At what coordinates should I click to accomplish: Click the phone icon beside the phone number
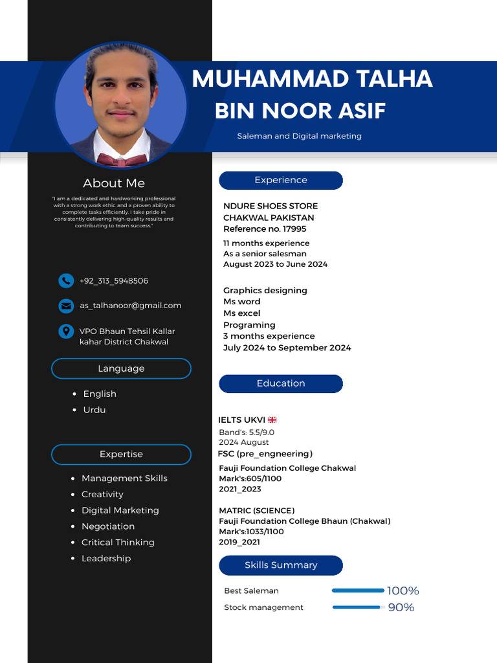coord(66,280)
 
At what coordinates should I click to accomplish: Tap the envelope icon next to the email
coord(66,306)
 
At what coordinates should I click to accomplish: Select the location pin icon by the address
coord(66,331)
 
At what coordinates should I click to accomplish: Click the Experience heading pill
coord(281,180)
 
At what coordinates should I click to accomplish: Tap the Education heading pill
coord(281,383)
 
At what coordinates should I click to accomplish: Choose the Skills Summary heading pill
coord(281,565)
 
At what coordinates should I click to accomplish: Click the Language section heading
coord(121,368)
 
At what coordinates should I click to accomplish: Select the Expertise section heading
coord(121,455)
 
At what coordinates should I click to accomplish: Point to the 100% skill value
coord(403,590)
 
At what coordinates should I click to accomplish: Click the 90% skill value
coord(401,607)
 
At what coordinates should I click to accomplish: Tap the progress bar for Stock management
coord(358,607)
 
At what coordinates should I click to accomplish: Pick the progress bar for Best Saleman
coord(358,590)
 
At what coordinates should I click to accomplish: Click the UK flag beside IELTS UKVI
coord(272,420)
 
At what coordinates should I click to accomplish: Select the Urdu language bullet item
coord(94,410)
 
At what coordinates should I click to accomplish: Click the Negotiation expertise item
coord(108,526)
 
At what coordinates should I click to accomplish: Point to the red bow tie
coord(120,160)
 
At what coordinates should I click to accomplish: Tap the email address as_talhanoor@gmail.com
coord(131,306)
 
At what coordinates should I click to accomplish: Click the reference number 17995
coord(294,229)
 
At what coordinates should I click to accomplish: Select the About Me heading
coord(114,183)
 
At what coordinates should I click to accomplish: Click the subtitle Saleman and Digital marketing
coord(299,136)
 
